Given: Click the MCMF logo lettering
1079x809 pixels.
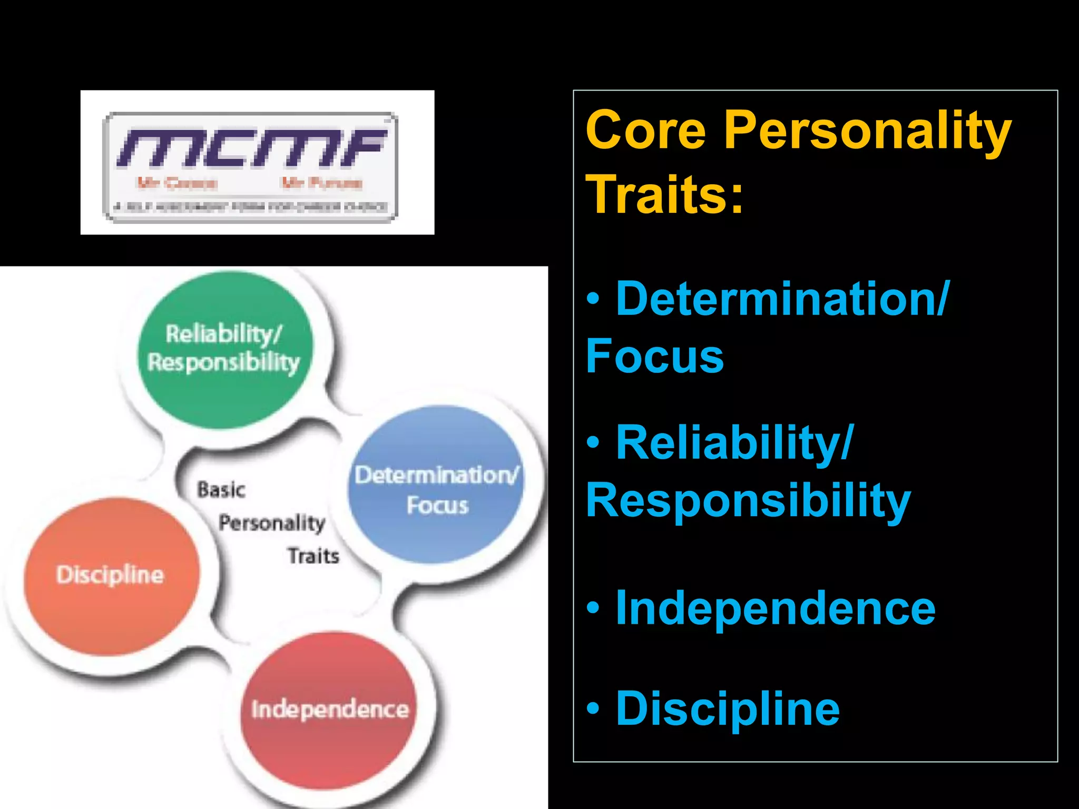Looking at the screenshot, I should (252, 147).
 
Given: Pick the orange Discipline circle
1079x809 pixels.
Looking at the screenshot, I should (111, 576).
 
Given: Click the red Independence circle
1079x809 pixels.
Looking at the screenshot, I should (330, 709).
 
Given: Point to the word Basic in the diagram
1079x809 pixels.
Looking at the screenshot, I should (221, 490).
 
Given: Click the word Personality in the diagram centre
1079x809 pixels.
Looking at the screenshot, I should (272, 523).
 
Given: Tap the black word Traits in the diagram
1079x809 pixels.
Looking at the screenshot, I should (313, 556).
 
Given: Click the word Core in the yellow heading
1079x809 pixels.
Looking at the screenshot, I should (645, 130).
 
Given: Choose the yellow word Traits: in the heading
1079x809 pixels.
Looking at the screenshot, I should (664, 194).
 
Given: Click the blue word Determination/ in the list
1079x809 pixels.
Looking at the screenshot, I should (782, 299).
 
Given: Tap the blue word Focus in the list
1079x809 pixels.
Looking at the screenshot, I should (655, 356).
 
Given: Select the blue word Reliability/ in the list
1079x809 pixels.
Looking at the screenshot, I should (734, 443).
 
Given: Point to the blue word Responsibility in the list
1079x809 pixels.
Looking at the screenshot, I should (748, 501).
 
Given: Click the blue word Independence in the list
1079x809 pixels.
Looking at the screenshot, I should (776, 608).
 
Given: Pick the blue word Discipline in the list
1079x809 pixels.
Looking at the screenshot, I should (728, 708).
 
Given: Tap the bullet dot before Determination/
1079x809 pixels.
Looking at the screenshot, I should (593, 299).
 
